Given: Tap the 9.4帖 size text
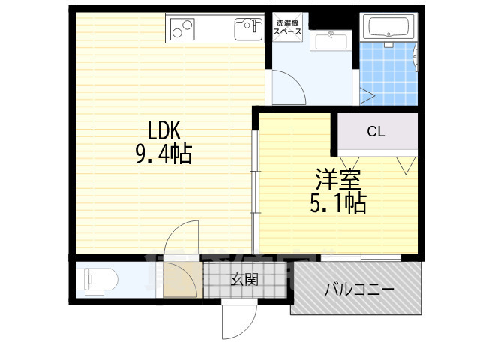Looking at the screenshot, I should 163,154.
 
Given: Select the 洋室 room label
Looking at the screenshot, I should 338,179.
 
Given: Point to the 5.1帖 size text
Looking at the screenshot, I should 338,202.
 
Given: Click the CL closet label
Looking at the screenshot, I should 376,132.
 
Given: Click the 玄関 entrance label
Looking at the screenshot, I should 244,280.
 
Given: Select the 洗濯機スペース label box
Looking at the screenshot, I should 287,28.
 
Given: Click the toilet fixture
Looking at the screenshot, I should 98,280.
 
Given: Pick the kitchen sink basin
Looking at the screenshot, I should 247,30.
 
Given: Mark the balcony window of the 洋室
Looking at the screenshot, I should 361,258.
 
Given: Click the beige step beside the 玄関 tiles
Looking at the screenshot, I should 183,280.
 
